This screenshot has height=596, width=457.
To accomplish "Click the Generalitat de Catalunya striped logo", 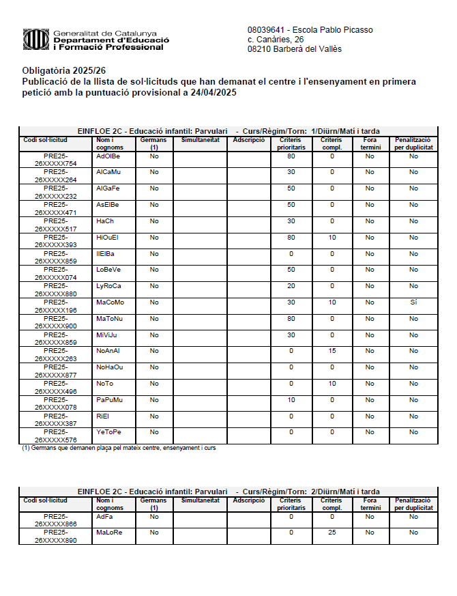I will coord(35,39).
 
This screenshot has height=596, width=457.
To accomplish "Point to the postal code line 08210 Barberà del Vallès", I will coord(294,49).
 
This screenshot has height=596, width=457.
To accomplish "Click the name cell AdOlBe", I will coord(108,156).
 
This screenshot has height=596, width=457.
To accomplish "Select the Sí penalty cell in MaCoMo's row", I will coord(413,302).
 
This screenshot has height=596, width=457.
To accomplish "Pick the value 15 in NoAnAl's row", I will coord(332,351).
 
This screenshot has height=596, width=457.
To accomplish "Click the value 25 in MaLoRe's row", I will coord(332,532).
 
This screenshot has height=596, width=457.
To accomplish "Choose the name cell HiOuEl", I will coord(108,238).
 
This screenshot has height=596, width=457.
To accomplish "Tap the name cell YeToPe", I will coord(109,432).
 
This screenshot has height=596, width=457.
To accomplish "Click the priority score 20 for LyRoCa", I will coord(291,286).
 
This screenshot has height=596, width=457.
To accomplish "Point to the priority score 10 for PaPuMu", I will coord(291,400).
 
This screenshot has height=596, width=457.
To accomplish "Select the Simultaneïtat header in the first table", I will coord(200,140).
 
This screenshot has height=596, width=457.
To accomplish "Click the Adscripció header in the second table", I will coord(248,500).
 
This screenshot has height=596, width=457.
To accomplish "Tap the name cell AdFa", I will coord(105,516).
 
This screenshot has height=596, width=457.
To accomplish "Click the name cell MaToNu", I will coord(110,319).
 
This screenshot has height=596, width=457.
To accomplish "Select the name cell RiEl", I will coord(103,416).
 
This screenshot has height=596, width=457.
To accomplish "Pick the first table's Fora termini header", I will coord(370,143).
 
